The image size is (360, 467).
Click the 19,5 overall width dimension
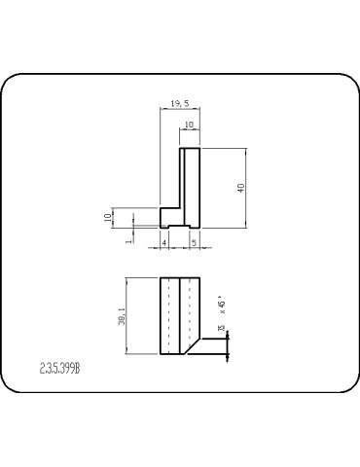(180, 102)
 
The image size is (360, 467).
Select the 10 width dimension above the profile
(189, 126)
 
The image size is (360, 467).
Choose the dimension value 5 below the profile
(194, 241)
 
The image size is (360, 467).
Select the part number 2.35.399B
(60, 370)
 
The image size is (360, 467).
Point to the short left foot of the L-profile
(168, 217)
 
